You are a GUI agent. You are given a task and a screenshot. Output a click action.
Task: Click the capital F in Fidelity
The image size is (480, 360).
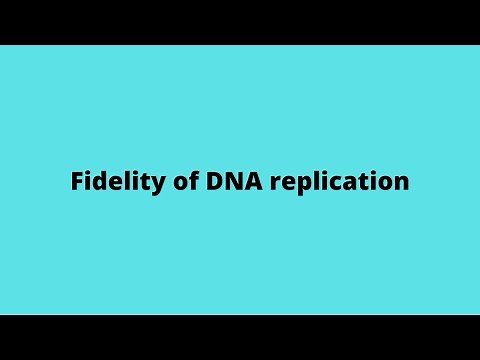[x=76, y=183]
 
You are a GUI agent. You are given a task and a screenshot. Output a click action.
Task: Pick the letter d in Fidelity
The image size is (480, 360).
[x=97, y=183]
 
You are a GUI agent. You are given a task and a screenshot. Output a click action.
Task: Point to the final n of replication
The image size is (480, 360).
[x=402, y=185]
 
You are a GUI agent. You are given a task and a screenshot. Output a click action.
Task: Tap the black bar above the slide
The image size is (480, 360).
[x=240, y=21]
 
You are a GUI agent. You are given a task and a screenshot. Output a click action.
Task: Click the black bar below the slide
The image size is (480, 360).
[x=240, y=338]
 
